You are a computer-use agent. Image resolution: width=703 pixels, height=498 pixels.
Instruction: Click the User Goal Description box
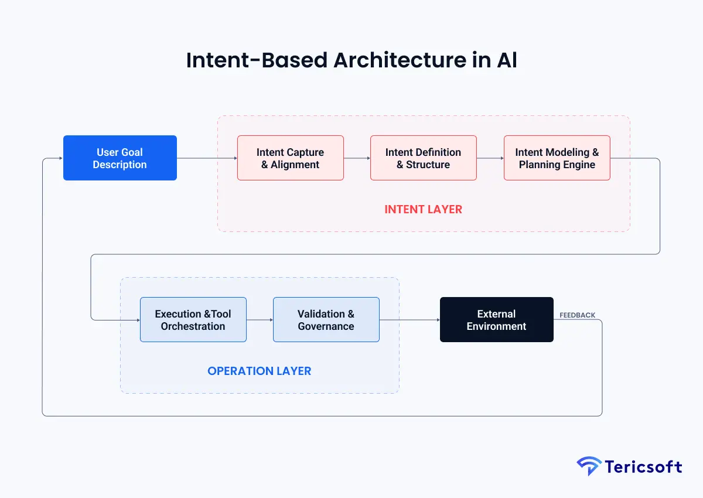tap(120, 158)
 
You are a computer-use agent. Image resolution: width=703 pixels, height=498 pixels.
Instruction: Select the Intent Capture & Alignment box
tap(290, 158)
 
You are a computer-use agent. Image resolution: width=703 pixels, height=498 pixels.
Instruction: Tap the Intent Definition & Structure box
tap(423, 158)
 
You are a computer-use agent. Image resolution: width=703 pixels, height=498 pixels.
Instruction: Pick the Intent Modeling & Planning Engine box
tap(557, 158)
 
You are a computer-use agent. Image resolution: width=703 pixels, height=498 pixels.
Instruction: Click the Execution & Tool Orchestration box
tap(193, 320)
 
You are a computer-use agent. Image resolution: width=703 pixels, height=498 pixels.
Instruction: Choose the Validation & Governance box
tap(326, 320)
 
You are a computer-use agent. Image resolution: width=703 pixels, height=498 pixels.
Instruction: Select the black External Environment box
tap(496, 320)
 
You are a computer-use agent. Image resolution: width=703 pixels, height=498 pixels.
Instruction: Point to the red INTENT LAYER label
tap(423, 209)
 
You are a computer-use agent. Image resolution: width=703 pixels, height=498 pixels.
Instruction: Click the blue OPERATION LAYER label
tap(259, 371)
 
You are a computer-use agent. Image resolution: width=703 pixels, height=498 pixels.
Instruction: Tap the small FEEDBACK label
tap(577, 315)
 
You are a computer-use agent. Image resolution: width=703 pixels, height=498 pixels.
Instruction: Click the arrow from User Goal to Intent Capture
tap(207, 158)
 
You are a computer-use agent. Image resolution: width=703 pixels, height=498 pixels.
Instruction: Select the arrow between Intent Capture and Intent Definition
tap(357, 158)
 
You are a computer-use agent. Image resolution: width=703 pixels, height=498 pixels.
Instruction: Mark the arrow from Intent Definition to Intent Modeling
tap(490, 158)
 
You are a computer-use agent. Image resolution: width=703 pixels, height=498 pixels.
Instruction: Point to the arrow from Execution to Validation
tap(260, 320)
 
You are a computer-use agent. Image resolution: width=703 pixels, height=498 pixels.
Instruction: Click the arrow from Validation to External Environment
tap(409, 320)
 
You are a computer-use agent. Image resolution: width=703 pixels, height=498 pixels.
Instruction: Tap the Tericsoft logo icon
tap(589, 466)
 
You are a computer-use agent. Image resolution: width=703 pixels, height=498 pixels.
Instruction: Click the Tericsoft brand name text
tap(643, 467)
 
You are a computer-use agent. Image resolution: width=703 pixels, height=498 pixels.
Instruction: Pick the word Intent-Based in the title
tap(256, 60)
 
